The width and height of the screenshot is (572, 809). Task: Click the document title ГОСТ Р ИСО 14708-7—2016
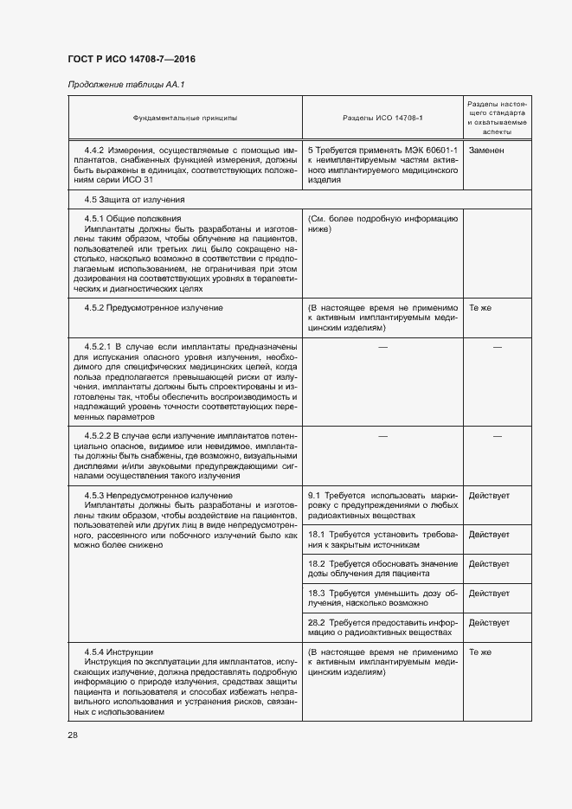[131, 58]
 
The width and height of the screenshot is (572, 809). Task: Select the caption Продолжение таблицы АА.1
[126, 84]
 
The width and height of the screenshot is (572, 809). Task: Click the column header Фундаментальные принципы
[184, 117]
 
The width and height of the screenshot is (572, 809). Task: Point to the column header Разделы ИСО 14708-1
[382, 117]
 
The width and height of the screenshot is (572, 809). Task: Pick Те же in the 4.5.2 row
[480, 307]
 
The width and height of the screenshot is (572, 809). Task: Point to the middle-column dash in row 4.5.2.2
[382, 436]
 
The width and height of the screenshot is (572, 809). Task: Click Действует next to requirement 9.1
[489, 495]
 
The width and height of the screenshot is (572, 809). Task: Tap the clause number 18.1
[317, 535]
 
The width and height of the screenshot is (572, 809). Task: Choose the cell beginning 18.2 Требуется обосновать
[382, 568]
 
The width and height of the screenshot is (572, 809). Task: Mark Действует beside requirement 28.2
[489, 622]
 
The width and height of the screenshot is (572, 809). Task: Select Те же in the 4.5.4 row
[480, 652]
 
